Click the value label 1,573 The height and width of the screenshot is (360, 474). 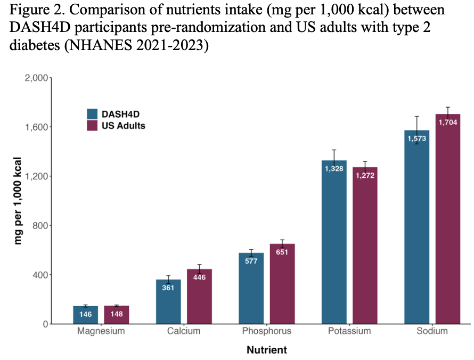click(x=417, y=138)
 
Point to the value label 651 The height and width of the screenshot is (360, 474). click(x=282, y=252)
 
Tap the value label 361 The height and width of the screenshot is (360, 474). click(x=168, y=288)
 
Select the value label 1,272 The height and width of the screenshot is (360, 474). click(x=365, y=175)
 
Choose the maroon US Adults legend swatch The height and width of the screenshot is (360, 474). click(x=93, y=126)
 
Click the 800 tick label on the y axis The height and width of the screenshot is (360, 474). click(x=39, y=226)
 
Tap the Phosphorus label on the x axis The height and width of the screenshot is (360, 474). click(x=267, y=331)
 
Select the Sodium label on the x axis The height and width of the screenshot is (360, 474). click(x=432, y=331)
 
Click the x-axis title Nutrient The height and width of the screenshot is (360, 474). click(x=267, y=350)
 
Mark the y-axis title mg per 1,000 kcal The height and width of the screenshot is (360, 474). click(x=19, y=201)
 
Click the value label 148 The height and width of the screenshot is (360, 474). click(x=117, y=314)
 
